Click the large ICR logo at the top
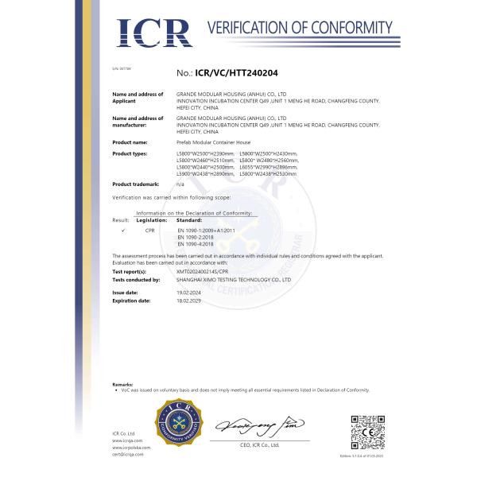tap(154, 33)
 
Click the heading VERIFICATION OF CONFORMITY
tap(301, 29)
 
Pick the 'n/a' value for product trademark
tap(180, 184)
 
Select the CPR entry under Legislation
tap(149, 229)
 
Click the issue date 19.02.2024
tap(187, 293)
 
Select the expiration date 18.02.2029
tap(187, 301)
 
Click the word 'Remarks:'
tap(122, 384)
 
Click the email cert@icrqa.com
tap(127, 454)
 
